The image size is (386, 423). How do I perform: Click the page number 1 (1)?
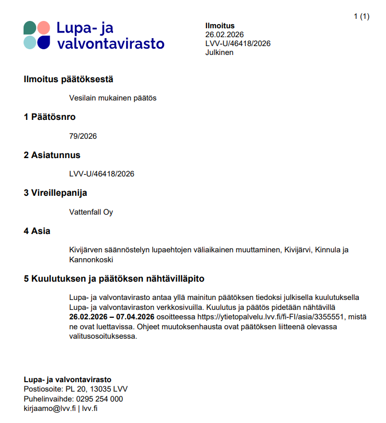click(x=361, y=16)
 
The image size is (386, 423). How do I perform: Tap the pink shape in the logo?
click(x=44, y=27)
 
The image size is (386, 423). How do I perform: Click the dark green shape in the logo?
click(x=30, y=27)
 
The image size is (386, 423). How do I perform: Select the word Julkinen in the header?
click(x=219, y=52)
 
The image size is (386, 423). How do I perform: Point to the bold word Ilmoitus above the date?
click(x=220, y=26)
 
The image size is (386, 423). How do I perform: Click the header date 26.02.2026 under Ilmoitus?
click(x=225, y=35)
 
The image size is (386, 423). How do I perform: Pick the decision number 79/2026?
click(x=83, y=136)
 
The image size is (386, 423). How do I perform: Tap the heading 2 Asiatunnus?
click(x=52, y=155)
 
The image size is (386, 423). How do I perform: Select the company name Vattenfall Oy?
click(x=91, y=212)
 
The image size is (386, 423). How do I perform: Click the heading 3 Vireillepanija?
click(x=55, y=193)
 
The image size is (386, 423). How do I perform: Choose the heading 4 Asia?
click(x=37, y=231)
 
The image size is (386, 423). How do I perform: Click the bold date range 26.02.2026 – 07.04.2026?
click(x=111, y=317)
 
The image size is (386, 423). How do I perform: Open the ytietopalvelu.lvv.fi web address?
click(x=271, y=317)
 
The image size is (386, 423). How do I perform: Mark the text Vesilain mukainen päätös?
click(x=112, y=98)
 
